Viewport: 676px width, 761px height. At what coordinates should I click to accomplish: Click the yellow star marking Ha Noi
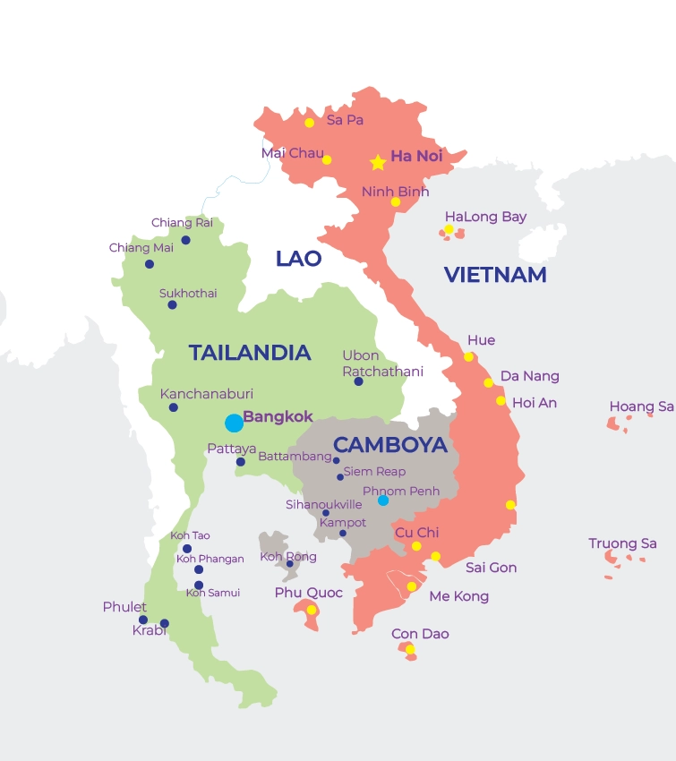(x=378, y=163)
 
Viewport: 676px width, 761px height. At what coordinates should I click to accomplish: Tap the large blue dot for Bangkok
(x=234, y=423)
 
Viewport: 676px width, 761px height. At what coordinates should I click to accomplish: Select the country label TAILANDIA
(x=249, y=353)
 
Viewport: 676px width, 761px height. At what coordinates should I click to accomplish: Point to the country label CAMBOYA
(x=389, y=444)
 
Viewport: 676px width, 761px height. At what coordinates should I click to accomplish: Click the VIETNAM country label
(x=495, y=275)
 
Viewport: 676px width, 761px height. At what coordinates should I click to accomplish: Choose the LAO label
(x=298, y=259)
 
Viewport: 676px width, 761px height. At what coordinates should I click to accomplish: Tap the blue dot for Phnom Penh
(x=383, y=500)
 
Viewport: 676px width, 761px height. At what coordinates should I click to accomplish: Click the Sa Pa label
(x=345, y=120)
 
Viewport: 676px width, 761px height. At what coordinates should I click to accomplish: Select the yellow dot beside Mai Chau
(x=327, y=160)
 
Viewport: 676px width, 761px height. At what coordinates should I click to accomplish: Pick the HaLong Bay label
(x=485, y=217)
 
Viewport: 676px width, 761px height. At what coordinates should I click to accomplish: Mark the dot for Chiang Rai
(x=186, y=240)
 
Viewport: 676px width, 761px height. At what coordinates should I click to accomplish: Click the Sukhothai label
(x=188, y=293)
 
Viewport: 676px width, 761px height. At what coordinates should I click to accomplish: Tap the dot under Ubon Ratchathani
(x=358, y=381)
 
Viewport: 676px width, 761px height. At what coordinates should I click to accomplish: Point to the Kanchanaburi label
(x=206, y=393)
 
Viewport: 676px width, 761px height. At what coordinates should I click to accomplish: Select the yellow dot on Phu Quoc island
(x=311, y=610)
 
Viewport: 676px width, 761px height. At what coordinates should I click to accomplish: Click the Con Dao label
(x=420, y=634)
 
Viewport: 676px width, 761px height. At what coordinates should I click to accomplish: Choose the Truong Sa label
(x=622, y=543)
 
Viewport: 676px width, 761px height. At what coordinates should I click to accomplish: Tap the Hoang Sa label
(x=641, y=406)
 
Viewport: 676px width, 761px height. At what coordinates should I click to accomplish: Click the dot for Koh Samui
(x=199, y=585)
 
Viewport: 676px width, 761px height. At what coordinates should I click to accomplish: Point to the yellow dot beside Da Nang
(x=489, y=382)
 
